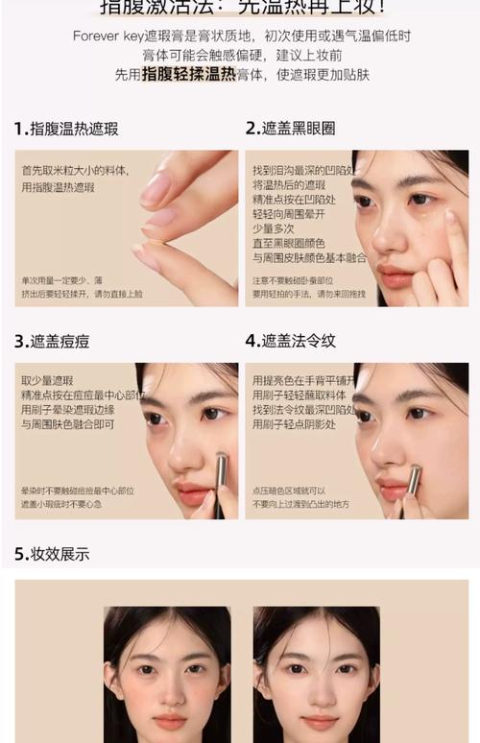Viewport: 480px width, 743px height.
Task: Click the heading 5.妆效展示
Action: (x=52, y=554)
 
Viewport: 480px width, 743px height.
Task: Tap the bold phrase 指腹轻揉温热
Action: (x=188, y=74)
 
